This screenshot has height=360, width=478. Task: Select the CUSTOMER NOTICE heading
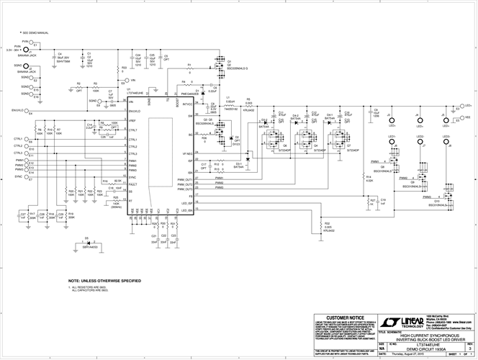point(345,317)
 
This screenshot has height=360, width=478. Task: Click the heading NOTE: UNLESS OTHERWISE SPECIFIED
point(104,280)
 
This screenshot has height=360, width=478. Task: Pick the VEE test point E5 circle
point(458,115)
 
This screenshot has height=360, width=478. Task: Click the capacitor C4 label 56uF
point(63,55)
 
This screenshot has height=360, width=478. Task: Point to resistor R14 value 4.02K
point(369,180)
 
